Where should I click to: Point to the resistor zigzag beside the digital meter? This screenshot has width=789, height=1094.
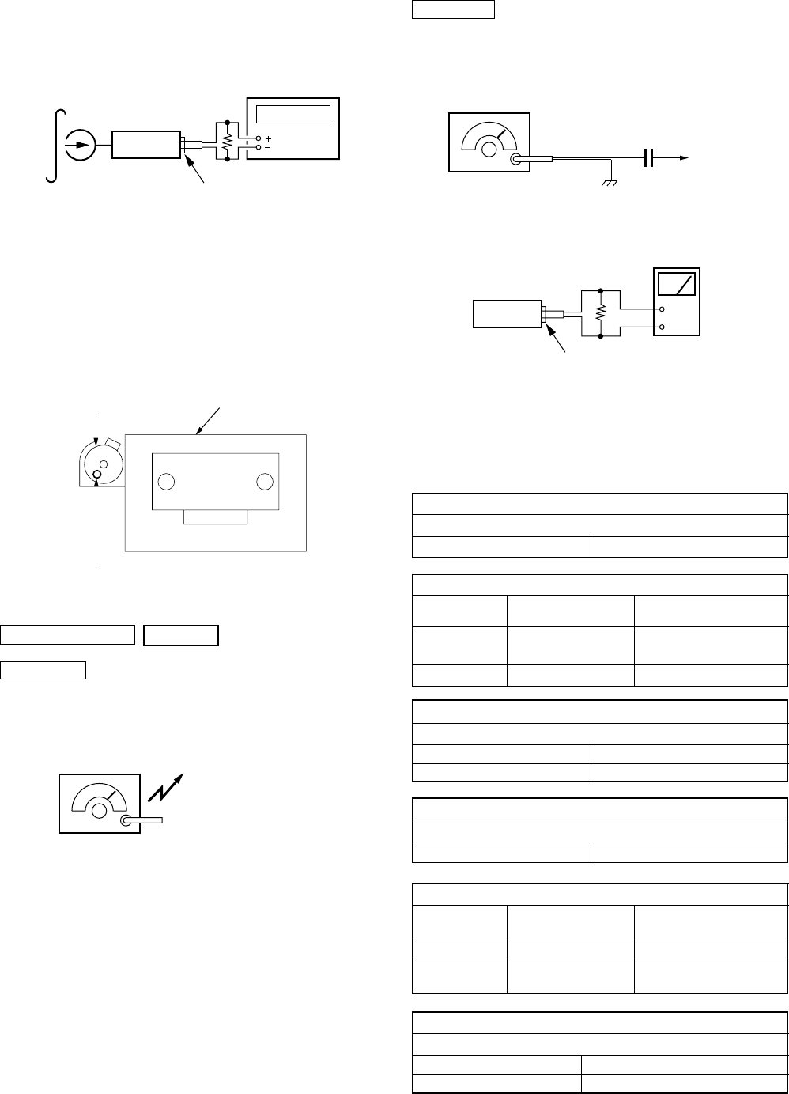pyautogui.click(x=227, y=142)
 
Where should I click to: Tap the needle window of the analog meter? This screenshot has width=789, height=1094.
pyautogui.click(x=676, y=284)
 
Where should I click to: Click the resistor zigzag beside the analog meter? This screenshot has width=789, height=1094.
pyautogui.click(x=600, y=312)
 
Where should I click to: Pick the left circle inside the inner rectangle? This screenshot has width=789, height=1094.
pyautogui.click(x=166, y=482)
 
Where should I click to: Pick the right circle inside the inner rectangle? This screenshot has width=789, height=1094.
pyautogui.click(x=265, y=482)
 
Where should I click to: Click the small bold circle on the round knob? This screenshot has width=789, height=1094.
pyautogui.click(x=97, y=475)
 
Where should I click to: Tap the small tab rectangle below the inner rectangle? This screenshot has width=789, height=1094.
pyautogui.click(x=215, y=517)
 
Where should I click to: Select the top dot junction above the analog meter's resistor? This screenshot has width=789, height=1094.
pyautogui.click(x=600, y=290)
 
